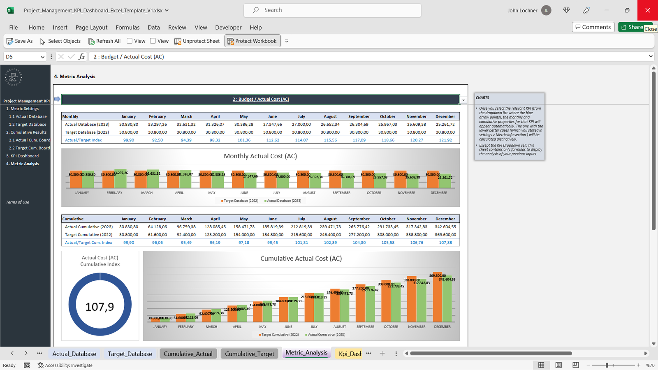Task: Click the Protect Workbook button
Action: coord(252,41)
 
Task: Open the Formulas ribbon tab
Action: coord(127,28)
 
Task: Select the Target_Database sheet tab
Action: coord(130,354)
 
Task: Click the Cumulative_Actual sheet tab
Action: coord(188,354)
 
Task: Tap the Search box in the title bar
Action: coord(332,10)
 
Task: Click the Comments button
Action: coord(593,27)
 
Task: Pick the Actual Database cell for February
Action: coord(158,124)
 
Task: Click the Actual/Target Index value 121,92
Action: coord(445,140)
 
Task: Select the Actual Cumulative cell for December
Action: coord(445,227)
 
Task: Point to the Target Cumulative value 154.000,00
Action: coord(244,235)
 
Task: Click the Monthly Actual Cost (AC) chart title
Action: coord(260,156)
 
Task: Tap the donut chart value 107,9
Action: coord(100,307)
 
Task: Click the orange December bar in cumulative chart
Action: coord(438,300)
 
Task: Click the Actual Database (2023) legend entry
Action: coord(284,201)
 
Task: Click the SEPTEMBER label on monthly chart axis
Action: coord(341,193)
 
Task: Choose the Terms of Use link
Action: coord(18,202)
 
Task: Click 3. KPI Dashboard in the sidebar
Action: coord(22,156)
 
